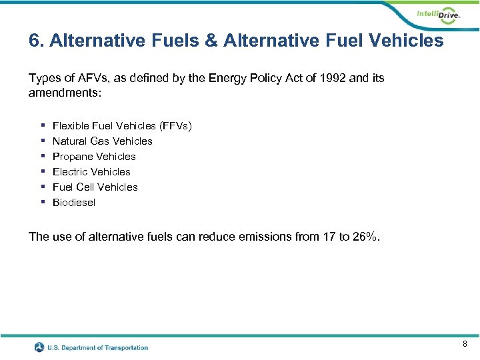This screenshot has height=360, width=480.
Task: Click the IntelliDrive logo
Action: [437, 15]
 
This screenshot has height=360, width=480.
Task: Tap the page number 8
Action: [465, 344]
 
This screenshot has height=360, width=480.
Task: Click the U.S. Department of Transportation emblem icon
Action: [40, 347]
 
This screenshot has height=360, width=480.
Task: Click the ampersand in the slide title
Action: [211, 41]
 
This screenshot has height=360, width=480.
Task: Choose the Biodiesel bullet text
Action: [74, 203]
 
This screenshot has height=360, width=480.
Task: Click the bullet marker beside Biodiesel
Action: [42, 203]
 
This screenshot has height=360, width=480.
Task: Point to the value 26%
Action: [367, 237]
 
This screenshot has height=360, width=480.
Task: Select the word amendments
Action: [64, 93]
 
